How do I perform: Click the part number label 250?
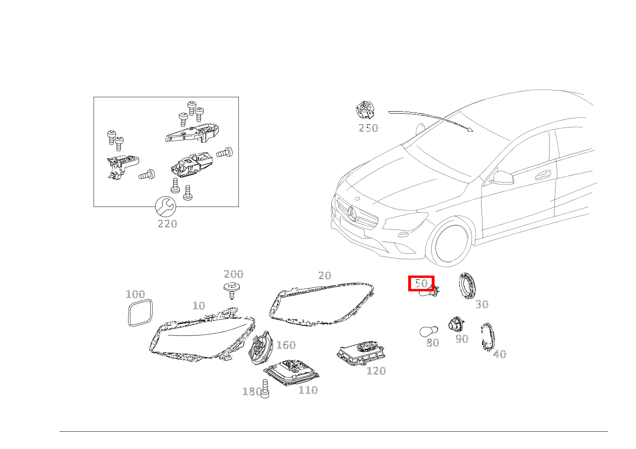coord(368,128)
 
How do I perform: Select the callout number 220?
coord(167,224)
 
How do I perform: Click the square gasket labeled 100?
coord(140,312)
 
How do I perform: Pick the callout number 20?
coord(325,276)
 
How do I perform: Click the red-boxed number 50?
coord(421,283)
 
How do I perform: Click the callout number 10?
coord(199,306)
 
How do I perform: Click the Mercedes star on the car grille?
coord(353,214)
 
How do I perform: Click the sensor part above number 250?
coord(365,110)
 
